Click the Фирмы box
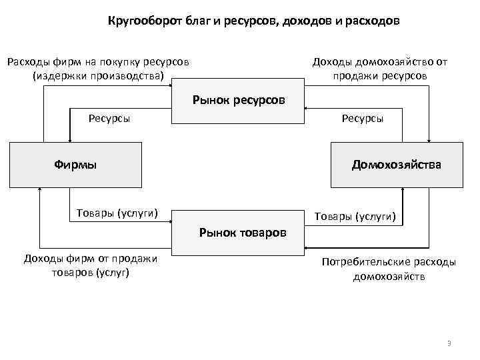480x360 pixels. (75, 164)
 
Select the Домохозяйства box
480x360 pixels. (396, 164)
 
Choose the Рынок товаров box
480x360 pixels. (242, 232)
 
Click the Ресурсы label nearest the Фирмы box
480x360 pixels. (109, 119)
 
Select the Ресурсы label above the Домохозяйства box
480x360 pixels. (362, 119)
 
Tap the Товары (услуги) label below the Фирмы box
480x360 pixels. (117, 213)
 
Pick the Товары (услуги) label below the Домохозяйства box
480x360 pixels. (355, 217)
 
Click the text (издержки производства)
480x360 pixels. (98, 75)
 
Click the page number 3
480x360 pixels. (449, 343)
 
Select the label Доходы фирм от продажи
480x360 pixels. (90, 259)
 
